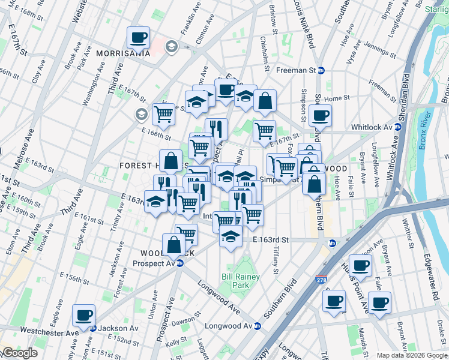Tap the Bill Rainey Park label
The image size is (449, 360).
[x=236, y=281]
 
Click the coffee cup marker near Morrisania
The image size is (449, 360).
[x=139, y=38]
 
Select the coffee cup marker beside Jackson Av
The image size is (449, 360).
[x=84, y=314]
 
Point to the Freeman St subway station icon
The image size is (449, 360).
[x=321, y=70]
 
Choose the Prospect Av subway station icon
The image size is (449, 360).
[x=179, y=263]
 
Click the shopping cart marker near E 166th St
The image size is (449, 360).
[x=163, y=113]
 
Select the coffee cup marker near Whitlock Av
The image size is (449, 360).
[x=321, y=115]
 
